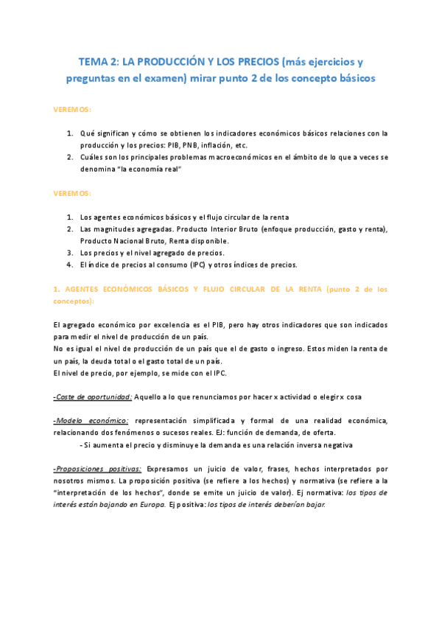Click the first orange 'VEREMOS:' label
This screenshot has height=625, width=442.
click(72, 109)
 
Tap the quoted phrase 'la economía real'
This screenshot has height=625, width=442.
click(150, 170)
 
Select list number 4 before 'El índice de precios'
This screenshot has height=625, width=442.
click(69, 265)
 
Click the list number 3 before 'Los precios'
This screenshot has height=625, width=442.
click(69, 253)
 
